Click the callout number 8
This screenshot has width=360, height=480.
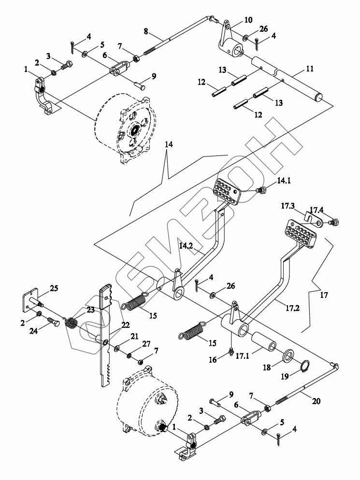[146, 31]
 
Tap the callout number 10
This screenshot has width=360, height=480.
[248, 20]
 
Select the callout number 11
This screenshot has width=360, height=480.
[310, 69]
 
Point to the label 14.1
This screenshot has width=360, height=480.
[284, 181]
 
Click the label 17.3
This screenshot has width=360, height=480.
[288, 206]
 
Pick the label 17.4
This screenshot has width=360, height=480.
[316, 210]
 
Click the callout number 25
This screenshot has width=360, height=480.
[54, 288]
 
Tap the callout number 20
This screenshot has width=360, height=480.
[316, 401]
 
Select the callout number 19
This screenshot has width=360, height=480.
[285, 376]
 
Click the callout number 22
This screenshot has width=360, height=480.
[125, 325]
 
